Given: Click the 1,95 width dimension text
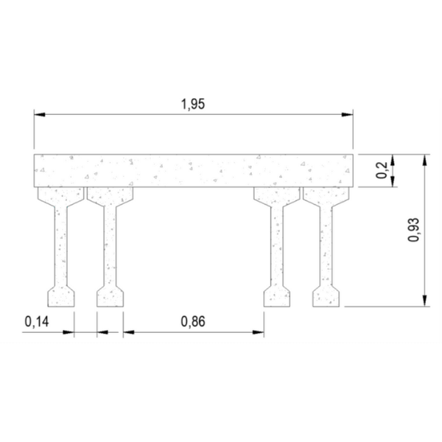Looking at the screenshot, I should (192, 104).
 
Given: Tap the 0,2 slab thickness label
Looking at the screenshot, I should (382, 171).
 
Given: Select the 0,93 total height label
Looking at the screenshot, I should (413, 229).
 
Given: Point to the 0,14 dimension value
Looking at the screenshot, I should (35, 321).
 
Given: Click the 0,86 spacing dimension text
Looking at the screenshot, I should (192, 321).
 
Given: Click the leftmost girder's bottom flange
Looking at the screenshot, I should (61, 296).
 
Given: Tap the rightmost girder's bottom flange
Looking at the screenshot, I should (326, 296).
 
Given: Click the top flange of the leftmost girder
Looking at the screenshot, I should (61, 195).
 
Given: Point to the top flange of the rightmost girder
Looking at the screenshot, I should (326, 195).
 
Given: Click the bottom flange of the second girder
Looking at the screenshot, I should (110, 296).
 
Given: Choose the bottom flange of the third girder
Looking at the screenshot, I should (277, 296).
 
